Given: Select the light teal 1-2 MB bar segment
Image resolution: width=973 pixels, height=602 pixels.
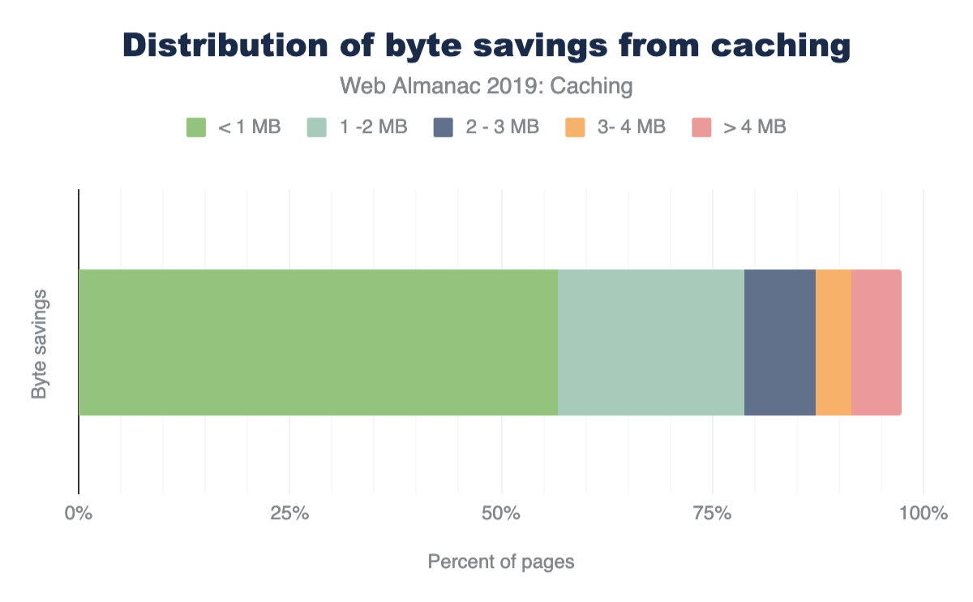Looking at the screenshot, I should pyautogui.click(x=651, y=342).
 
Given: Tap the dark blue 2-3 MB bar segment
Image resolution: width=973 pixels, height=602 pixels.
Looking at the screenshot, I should pyautogui.click(x=780, y=342).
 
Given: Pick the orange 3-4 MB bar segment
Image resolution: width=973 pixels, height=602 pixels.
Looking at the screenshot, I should pyautogui.click(x=834, y=342).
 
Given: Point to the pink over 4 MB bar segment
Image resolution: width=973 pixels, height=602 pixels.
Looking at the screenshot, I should pyautogui.click(x=877, y=342).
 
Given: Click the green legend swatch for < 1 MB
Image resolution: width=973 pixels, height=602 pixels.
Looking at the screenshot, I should pyautogui.click(x=197, y=127).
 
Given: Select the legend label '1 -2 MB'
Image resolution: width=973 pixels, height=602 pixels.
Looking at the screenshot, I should pyautogui.click(x=375, y=127).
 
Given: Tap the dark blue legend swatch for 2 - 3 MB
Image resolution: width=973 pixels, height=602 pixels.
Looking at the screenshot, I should pyautogui.click(x=444, y=127).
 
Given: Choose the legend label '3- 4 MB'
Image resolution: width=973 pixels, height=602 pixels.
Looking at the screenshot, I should pyautogui.click(x=631, y=127).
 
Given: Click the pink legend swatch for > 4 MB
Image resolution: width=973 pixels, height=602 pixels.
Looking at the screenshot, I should pyautogui.click(x=701, y=127).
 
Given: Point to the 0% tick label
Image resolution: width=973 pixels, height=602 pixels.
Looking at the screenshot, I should pyautogui.click(x=79, y=514).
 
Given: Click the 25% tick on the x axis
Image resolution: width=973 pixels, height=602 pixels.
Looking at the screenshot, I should pyautogui.click(x=289, y=514).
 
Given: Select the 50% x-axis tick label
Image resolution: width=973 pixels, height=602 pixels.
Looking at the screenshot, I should pyautogui.click(x=501, y=514).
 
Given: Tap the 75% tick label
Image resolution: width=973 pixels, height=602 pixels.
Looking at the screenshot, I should pyautogui.click(x=713, y=514).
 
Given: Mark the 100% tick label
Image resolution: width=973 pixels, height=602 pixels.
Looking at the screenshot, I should pyautogui.click(x=924, y=514).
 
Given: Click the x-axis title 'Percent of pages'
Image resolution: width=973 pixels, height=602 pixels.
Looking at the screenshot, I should pyautogui.click(x=501, y=561).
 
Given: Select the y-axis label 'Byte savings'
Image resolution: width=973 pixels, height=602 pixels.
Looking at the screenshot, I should pyautogui.click(x=39, y=343).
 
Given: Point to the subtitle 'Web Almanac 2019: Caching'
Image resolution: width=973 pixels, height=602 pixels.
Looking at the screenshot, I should pyautogui.click(x=486, y=85).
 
